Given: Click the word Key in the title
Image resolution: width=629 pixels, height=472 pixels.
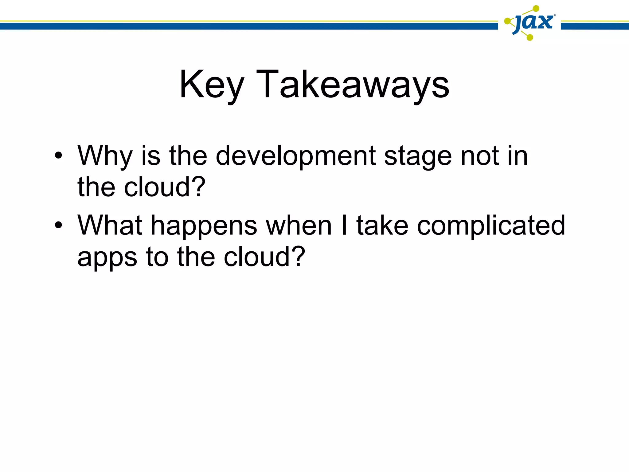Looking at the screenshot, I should point(212,85).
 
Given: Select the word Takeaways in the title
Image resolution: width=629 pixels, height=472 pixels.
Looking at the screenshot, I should point(353,85).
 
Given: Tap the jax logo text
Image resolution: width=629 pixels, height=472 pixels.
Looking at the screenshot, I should point(534,22).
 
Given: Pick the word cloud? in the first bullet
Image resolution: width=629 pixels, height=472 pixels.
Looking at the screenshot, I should point(165,187).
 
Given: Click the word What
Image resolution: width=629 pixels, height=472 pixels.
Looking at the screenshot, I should point(110,225).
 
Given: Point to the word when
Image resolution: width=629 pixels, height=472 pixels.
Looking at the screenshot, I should point(299,225).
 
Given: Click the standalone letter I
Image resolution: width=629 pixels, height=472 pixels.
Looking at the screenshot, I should point(344,225).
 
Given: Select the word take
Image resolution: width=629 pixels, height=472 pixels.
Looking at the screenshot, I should point(382,225).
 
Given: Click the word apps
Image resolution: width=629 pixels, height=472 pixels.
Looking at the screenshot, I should point(107,258).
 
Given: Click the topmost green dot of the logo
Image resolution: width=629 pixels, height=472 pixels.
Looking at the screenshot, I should point(536,9).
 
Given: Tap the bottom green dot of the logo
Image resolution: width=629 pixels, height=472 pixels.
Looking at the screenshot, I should point(530,37).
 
